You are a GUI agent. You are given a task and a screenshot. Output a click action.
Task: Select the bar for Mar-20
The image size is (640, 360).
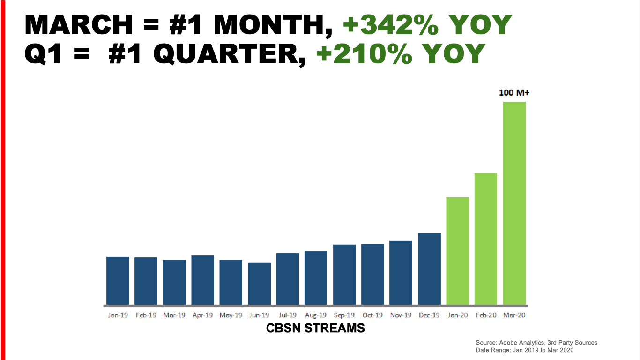(514, 203)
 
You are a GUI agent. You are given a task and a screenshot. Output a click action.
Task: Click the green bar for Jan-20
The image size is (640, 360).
(457, 251)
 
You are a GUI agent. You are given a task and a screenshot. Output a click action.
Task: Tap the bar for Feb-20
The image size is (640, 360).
(486, 239)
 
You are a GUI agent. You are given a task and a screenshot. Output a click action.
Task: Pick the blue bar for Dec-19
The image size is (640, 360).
(429, 269)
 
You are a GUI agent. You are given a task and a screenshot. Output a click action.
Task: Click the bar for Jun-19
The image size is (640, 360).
(259, 283)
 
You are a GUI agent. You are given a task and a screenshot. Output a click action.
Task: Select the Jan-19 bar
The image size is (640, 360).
(118, 280)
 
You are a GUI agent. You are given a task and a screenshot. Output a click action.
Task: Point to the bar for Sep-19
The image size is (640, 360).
(344, 274)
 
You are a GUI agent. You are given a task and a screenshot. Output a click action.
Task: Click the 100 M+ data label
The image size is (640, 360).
(514, 93)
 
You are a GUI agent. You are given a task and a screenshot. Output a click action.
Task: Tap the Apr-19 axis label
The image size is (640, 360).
(202, 315)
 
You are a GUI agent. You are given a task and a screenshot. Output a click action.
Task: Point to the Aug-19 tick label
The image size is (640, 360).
(316, 315)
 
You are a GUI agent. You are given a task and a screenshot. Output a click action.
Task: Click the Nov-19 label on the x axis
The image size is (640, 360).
(401, 315)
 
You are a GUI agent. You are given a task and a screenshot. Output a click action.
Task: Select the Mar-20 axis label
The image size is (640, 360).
(514, 315)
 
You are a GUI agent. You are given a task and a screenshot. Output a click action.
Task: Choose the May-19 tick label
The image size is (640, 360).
(231, 315)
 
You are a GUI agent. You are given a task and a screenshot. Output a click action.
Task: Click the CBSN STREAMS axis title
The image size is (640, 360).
(315, 328)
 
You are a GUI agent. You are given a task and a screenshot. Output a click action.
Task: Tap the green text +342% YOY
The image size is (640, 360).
(427, 25)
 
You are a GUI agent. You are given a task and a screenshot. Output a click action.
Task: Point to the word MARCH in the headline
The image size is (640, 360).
(79, 25)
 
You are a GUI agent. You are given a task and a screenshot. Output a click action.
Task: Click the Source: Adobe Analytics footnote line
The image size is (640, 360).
(536, 343)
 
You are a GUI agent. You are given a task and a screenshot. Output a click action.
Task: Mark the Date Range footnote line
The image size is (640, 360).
(524, 350)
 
